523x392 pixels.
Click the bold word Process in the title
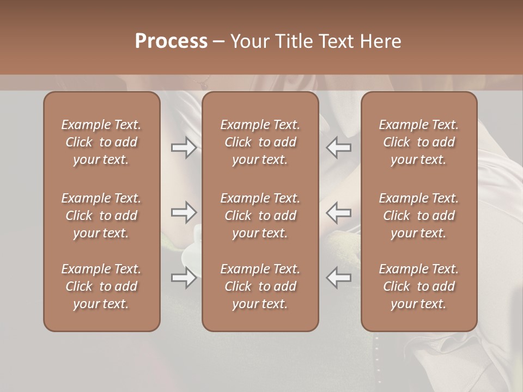coord(171,41)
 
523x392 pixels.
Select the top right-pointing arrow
coord(184,148)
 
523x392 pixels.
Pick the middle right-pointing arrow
coord(184,212)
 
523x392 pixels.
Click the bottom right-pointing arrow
coord(184,278)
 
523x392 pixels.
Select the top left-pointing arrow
coord(339,148)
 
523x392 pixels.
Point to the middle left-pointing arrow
coord(339,212)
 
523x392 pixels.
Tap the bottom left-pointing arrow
coord(339,278)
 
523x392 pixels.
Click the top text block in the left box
coord(101,142)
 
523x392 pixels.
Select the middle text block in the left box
coord(101,216)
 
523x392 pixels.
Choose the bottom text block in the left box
coord(101,286)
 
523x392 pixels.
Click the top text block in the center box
coord(260,142)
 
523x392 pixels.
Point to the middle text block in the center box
coord(260,216)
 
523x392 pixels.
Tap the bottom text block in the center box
coord(260,286)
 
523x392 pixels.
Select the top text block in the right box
coord(418,142)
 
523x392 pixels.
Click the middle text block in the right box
coord(418,216)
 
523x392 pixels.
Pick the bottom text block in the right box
coord(418,286)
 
